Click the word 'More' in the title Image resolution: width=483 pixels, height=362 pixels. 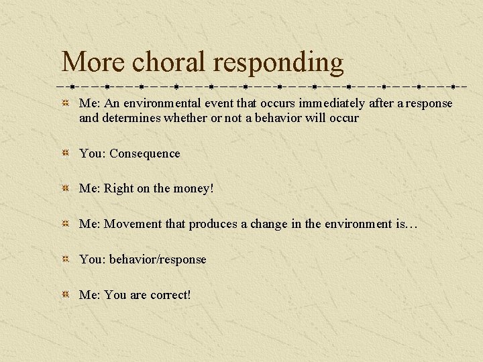93,62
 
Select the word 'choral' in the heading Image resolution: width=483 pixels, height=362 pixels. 169,62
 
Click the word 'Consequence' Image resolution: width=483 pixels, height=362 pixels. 145,154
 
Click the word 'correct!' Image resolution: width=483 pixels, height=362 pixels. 170,295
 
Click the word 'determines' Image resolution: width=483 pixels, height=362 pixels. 128,118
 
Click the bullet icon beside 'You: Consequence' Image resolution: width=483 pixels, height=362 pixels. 65,154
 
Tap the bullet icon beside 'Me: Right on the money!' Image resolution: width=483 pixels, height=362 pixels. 65,189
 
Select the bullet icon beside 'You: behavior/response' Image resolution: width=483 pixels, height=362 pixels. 65,259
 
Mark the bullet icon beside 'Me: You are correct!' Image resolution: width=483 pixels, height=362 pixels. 65,295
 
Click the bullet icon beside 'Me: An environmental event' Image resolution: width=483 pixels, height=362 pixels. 65,103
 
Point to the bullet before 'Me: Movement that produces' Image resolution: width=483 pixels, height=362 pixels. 65,224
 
